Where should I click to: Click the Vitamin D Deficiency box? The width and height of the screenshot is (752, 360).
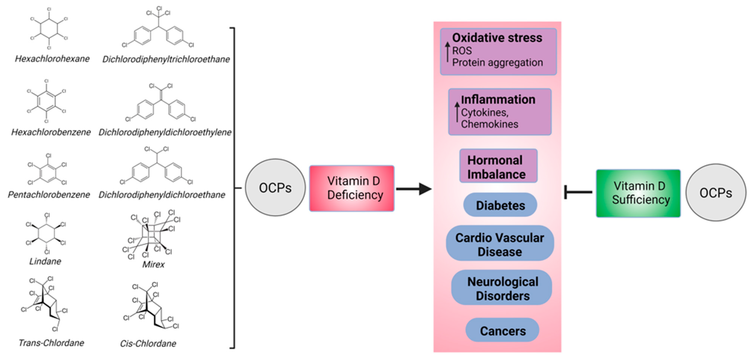click(352, 188)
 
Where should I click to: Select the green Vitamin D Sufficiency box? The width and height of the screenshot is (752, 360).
click(638, 193)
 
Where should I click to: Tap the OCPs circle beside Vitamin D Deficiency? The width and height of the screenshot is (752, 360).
click(275, 188)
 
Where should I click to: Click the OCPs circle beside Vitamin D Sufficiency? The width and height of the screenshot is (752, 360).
click(716, 193)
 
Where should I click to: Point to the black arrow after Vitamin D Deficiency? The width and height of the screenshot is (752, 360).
click(413, 189)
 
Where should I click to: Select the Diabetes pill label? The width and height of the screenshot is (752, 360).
click(500, 205)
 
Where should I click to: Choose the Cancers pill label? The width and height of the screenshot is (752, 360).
click(502, 331)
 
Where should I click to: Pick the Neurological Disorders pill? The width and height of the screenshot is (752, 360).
click(502, 288)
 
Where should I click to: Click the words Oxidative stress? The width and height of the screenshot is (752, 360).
click(497, 38)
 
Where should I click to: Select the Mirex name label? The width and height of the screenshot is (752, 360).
click(153, 264)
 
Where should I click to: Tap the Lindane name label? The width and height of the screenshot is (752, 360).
click(45, 261)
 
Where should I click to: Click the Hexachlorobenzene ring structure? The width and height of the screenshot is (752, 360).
click(46, 101)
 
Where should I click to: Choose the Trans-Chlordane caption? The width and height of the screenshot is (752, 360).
click(51, 343)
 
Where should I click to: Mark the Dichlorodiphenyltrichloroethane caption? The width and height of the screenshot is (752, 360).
click(166, 59)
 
